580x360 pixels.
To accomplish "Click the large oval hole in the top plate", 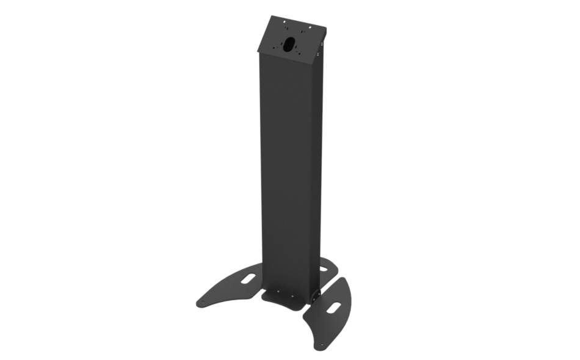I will (288, 44).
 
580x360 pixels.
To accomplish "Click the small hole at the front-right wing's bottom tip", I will (317, 346).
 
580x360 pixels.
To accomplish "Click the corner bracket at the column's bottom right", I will (316, 295).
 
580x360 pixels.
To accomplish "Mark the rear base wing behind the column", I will (327, 268).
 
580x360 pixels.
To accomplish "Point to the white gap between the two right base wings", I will (328, 282).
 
